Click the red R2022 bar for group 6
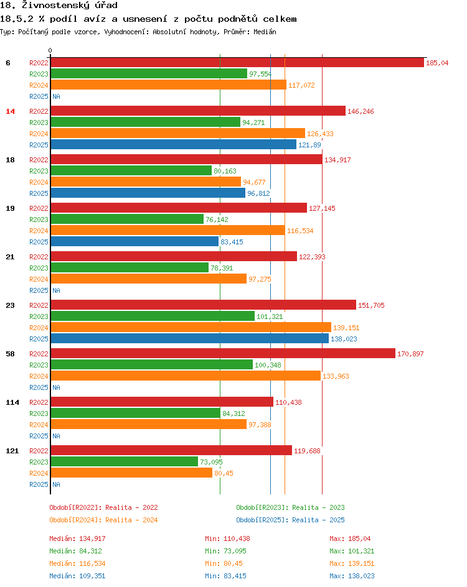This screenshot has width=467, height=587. click(x=237, y=63)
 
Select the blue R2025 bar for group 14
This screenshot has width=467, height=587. click(x=173, y=145)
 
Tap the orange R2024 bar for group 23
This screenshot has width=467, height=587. click(x=191, y=328)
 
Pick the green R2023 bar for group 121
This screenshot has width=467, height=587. click(x=124, y=462)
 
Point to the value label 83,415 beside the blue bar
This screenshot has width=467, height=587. click(x=232, y=242)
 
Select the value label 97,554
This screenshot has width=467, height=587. click(x=260, y=74)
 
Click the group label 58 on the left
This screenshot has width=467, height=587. click(x=10, y=354)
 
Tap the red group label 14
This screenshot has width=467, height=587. click(x=10, y=111)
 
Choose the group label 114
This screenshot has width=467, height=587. click(x=12, y=402)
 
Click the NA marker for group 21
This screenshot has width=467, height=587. click(x=56, y=290)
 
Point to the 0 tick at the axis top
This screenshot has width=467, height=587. click(x=50, y=51)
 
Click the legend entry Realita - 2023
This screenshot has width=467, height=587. click(x=290, y=507)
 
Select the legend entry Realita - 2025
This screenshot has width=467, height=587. click(x=290, y=520)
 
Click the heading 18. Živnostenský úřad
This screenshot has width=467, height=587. click(x=59, y=6)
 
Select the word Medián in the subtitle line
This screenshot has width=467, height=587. click(x=264, y=32)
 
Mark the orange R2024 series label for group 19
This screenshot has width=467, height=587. click(x=39, y=231)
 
